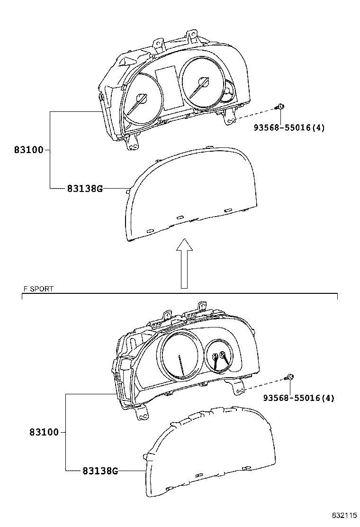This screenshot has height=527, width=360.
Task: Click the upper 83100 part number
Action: (x=28, y=150)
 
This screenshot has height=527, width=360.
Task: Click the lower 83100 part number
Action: (x=44, y=432)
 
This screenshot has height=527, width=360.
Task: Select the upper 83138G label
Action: (x=84, y=189)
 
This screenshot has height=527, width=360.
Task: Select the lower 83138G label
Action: (x=100, y=471)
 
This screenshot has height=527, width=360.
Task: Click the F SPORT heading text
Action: (x=38, y=289)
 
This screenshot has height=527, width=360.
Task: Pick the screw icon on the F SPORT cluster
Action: (x=289, y=377)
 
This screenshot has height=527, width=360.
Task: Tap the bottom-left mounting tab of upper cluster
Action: (x=132, y=143)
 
